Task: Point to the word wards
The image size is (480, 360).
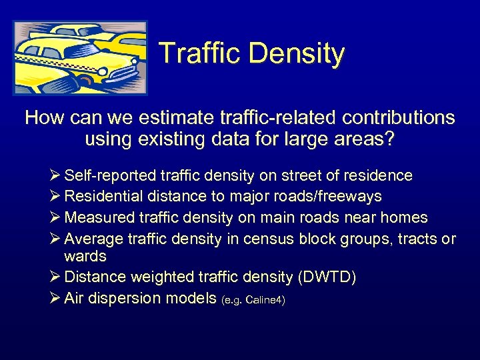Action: click(85, 256)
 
